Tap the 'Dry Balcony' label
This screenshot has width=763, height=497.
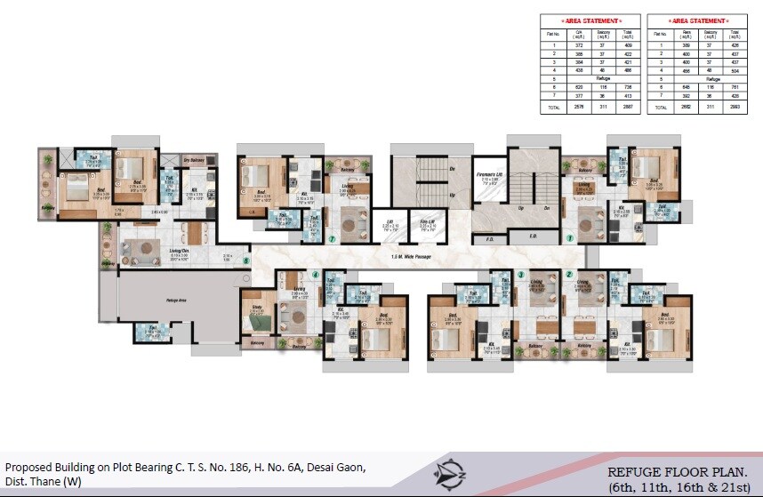click(x=194, y=159)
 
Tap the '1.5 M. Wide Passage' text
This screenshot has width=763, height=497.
click(x=412, y=257)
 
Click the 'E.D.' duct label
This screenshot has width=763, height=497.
click(x=532, y=237)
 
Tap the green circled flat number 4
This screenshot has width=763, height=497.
click(x=315, y=274)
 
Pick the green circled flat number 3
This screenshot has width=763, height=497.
click(x=520, y=274)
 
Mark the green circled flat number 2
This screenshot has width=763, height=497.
click(x=568, y=274)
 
